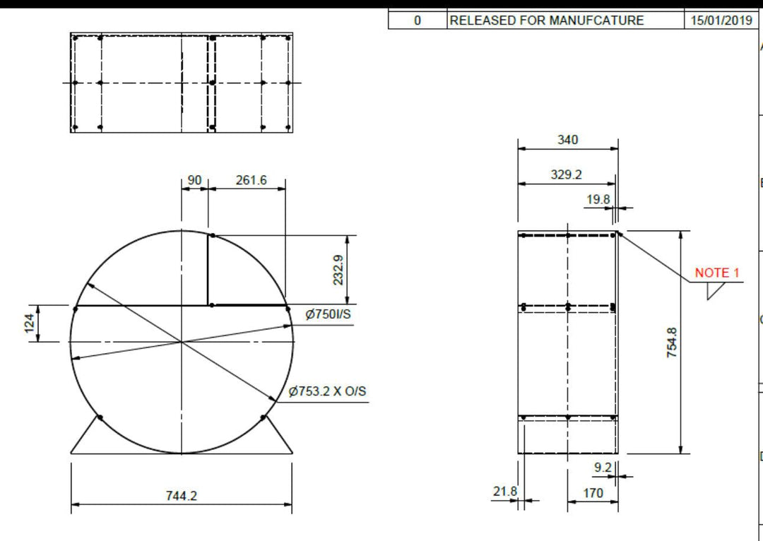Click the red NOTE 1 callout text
716,273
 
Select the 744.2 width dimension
182,496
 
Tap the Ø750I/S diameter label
328,314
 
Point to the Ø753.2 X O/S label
328,391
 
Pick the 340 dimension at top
567,140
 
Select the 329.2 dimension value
567,174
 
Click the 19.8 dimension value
598,199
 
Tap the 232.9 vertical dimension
338,270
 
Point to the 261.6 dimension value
251,180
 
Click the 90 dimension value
194,180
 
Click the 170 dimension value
593,493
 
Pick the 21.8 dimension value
504,491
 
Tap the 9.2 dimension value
603,467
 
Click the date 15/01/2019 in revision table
721,20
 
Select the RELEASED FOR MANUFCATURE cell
547,20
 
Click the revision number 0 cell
417,20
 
